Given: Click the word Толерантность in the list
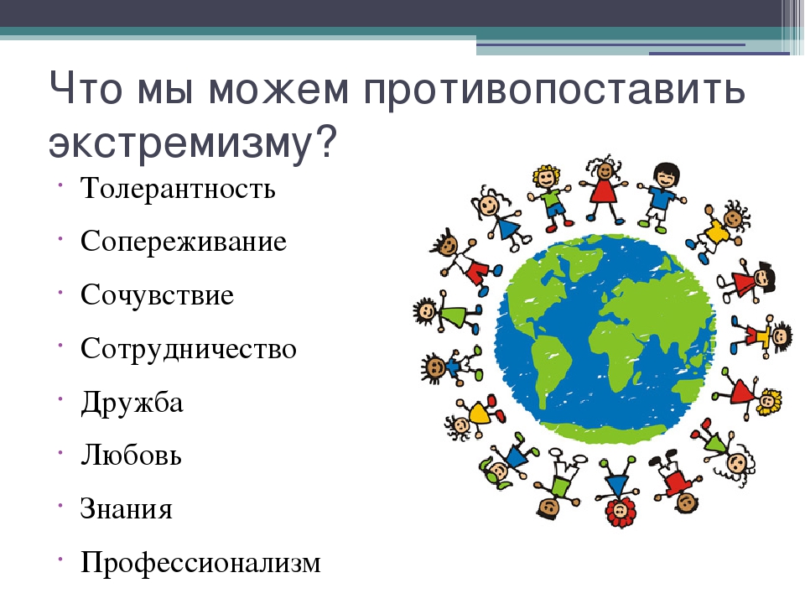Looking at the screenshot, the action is (178, 188).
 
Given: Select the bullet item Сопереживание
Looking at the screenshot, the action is (184, 242).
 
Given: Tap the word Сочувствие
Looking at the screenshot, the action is (157, 294).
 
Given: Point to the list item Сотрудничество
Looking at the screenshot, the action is (189, 349).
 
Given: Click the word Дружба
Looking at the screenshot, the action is (132, 403).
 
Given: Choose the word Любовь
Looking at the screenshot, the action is (131, 455).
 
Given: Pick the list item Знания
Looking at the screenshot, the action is (127, 509).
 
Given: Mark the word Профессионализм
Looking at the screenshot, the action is (200, 563).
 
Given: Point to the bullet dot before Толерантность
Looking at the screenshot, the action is (60, 184).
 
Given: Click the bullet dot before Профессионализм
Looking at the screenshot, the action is (60, 559).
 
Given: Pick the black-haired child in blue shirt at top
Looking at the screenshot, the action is (662, 197).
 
